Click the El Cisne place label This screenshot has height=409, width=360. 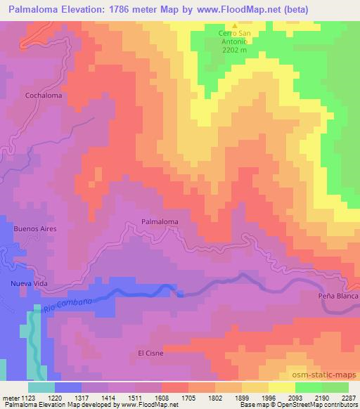pyautogui.click(x=150, y=353)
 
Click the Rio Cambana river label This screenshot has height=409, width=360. pyautogui.click(x=67, y=305)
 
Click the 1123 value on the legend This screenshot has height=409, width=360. pyautogui.click(x=27, y=396)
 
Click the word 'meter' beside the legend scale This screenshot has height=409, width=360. pyautogui.click(x=9, y=396)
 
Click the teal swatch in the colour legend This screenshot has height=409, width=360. pyautogui.click(x=41, y=387)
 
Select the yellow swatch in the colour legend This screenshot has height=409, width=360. pyautogui.click(x=281, y=387)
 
